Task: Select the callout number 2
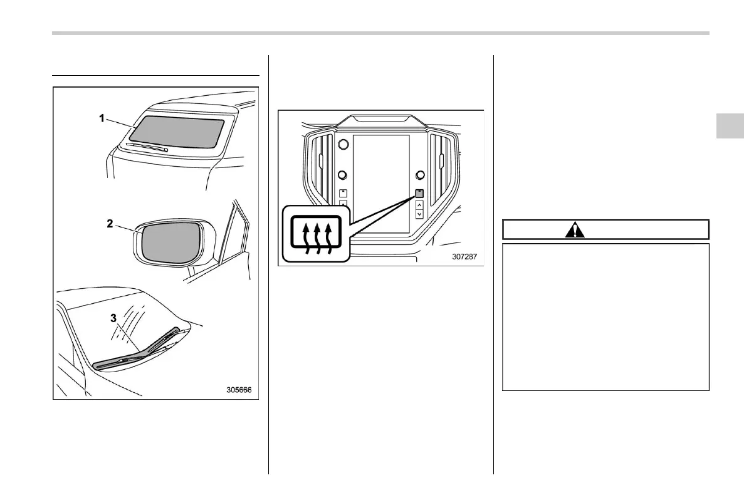110,224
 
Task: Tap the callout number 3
113,318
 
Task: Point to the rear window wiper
146,147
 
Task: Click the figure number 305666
239,389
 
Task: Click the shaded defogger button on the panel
419,194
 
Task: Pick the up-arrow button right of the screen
419,204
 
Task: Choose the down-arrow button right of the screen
419,214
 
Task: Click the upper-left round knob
343,145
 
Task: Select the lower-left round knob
343,175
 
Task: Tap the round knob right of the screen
419,175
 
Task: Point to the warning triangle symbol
575,230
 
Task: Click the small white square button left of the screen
343,194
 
